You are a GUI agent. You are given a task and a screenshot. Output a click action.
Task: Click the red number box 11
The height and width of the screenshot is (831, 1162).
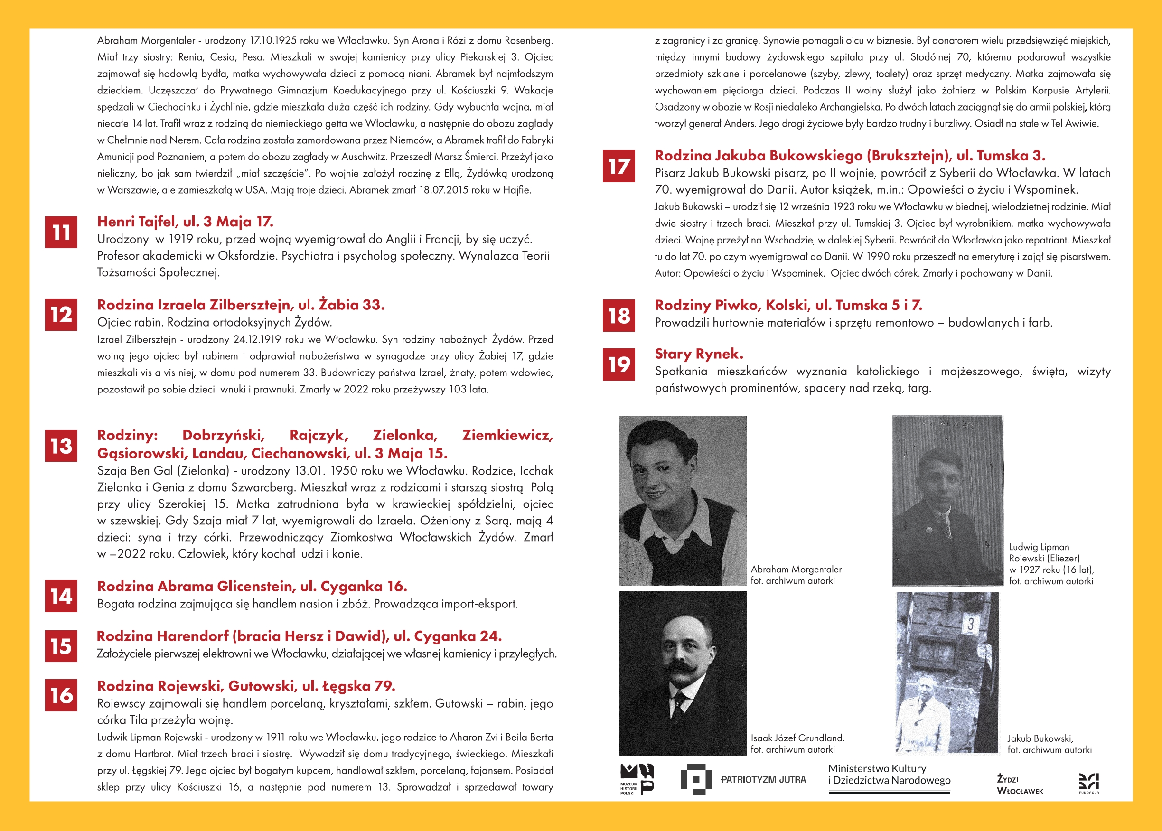click(x=61, y=233)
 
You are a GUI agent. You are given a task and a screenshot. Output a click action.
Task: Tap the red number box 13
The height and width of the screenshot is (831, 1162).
click(x=61, y=446)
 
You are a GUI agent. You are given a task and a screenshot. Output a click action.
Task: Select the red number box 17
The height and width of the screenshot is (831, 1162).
click(x=618, y=166)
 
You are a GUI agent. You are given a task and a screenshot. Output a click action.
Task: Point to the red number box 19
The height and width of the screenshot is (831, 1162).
click(x=618, y=364)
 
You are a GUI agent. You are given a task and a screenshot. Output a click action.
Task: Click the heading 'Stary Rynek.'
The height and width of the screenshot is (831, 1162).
click(x=699, y=354)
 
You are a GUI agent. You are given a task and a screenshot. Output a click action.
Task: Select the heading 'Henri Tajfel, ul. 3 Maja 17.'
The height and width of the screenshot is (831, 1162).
click(x=185, y=222)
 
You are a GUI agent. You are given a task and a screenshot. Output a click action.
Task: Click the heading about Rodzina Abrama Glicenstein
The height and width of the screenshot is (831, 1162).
click(x=252, y=586)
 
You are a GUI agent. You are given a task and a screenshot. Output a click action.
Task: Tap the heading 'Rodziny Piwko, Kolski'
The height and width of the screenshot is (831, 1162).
click(x=788, y=305)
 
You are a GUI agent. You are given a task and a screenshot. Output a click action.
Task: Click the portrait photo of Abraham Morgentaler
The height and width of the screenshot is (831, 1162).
click(x=682, y=500)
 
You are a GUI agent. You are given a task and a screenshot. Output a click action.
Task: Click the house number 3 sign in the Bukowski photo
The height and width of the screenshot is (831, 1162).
click(x=970, y=624)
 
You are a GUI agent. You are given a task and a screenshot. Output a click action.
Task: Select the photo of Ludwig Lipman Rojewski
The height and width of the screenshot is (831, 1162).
click(x=947, y=500)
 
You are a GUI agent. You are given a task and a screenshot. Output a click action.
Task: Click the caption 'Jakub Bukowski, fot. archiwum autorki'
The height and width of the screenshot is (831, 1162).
click(x=1049, y=744)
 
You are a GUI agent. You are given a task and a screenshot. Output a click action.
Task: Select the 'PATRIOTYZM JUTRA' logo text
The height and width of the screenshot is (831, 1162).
click(x=763, y=779)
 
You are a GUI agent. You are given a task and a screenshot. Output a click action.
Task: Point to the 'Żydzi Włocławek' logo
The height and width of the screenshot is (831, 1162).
click(x=1019, y=785)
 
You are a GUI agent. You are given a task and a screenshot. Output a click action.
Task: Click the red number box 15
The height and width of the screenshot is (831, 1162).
click(x=61, y=646)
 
